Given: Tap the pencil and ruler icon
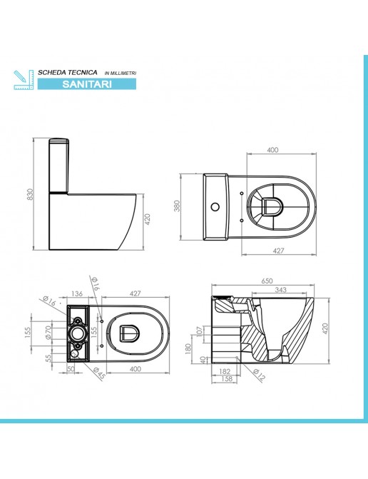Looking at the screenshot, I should click(24, 79).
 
